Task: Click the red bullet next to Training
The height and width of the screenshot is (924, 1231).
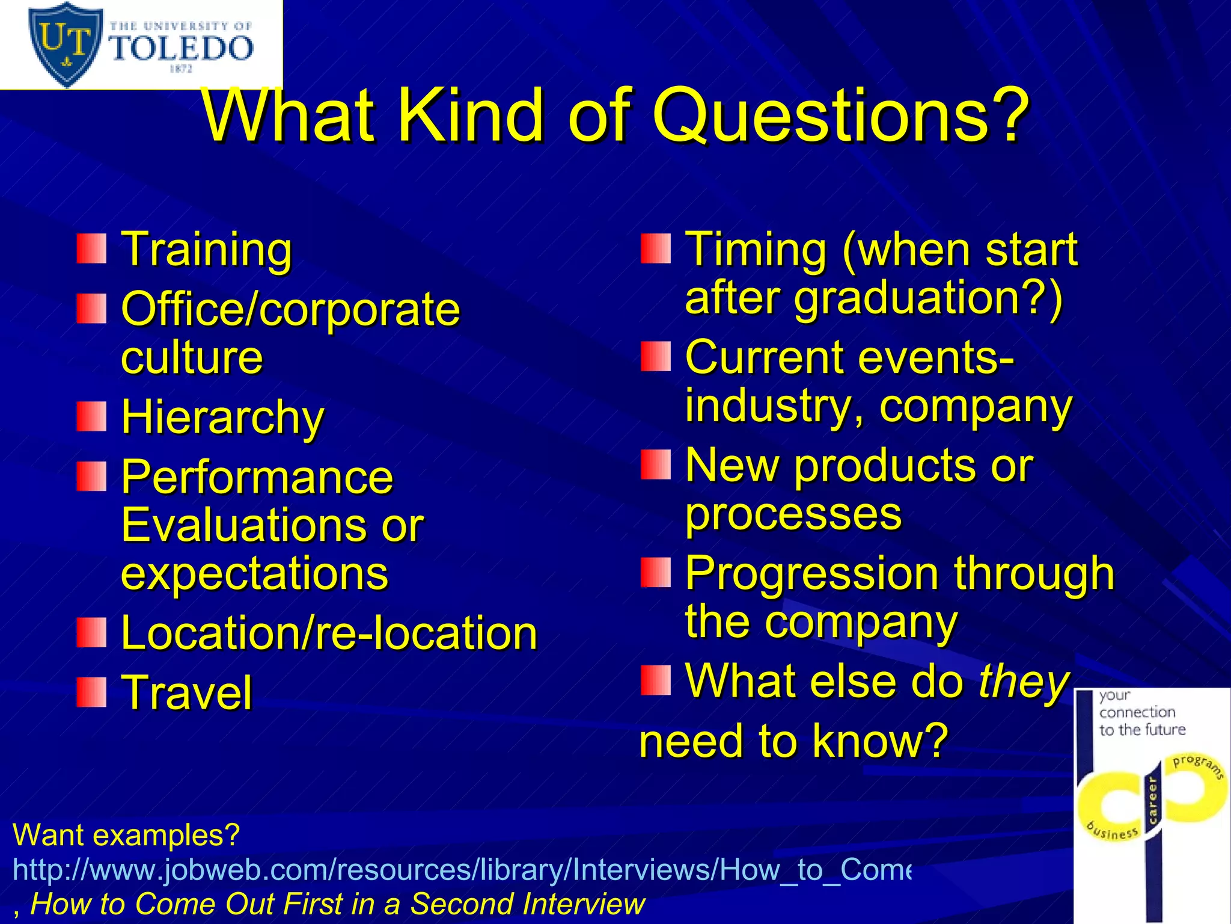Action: pyautogui.click(x=91, y=249)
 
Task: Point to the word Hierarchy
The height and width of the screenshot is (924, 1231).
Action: pyautogui.click(x=222, y=417)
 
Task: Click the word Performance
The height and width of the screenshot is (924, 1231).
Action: pyautogui.click(x=257, y=478)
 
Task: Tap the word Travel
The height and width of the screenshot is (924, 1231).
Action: pyautogui.click(x=187, y=693)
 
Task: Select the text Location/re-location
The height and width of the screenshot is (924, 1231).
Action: pyautogui.click(x=329, y=633)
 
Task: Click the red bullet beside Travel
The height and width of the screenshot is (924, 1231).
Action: pyautogui.click(x=91, y=692)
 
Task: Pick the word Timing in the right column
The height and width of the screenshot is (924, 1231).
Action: pyautogui.click(x=756, y=249)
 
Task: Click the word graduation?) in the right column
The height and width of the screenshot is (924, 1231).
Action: pyautogui.click(x=929, y=298)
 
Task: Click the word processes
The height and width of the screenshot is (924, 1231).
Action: pyautogui.click(x=793, y=514)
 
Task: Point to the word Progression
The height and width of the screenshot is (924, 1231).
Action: pyautogui.click(x=811, y=573)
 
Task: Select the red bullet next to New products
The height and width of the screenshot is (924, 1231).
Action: pyautogui.click(x=655, y=465)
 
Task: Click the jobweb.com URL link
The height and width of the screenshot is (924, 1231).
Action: pyautogui.click(x=462, y=870)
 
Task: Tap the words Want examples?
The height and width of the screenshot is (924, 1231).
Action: pyautogui.click(x=126, y=836)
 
